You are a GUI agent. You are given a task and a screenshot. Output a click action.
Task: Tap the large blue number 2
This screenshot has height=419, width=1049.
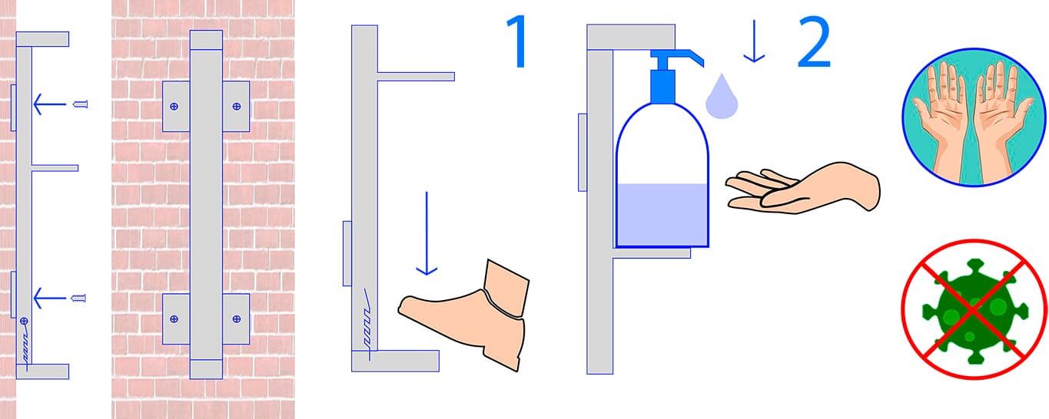click(814, 41)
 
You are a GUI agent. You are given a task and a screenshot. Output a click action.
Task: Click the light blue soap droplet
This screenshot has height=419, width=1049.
click(722, 97)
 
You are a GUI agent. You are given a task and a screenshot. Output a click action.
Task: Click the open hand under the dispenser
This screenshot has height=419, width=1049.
click(802, 189)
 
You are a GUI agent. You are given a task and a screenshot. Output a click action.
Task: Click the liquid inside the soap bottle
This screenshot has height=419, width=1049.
click(662, 214)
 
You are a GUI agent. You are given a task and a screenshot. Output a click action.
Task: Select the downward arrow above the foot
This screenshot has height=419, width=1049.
click(427, 233)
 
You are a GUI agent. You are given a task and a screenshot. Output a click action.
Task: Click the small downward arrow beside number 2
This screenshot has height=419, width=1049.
click(754, 41)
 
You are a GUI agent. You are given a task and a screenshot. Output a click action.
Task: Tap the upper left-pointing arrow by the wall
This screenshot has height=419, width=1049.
click(50, 104)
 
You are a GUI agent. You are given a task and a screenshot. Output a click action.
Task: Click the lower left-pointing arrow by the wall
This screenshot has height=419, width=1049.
click(50, 298)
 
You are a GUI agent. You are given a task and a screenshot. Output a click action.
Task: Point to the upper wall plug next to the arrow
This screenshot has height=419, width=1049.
click(81, 104)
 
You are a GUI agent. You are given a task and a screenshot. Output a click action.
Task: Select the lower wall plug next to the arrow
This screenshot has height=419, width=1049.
click(78, 298)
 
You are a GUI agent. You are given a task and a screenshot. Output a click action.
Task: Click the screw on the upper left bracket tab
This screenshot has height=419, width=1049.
click(174, 106)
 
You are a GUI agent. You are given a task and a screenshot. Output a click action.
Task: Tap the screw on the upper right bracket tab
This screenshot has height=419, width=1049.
click(237, 106)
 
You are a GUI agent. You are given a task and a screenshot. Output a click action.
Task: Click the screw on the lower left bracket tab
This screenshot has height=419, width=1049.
click(174, 319)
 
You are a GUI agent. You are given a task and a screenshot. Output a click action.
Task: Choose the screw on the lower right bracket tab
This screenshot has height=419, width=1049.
click(237, 319)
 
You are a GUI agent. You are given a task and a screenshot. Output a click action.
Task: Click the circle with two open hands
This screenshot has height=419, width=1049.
click(974, 117)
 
